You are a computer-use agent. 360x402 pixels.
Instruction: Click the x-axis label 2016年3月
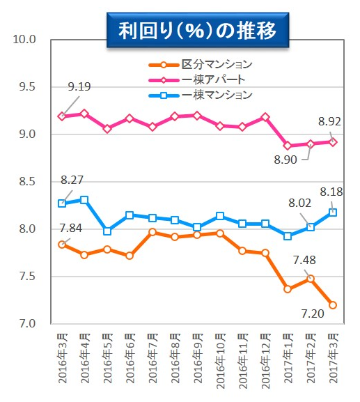pos(62,358)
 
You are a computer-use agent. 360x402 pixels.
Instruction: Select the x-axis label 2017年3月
pos(334,358)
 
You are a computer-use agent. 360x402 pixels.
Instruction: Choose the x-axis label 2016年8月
pos(175,358)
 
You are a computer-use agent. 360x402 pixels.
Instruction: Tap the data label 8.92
pos(329,121)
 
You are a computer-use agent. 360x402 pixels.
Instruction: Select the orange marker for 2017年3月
pos(334,305)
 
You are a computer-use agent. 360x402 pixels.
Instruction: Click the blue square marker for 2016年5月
pos(107,231)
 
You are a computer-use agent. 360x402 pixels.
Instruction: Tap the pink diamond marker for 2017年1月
pos(288,146)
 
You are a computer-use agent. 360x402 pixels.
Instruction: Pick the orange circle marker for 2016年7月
pos(152,232)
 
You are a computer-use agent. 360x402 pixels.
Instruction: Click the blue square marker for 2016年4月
pos(84,200)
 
